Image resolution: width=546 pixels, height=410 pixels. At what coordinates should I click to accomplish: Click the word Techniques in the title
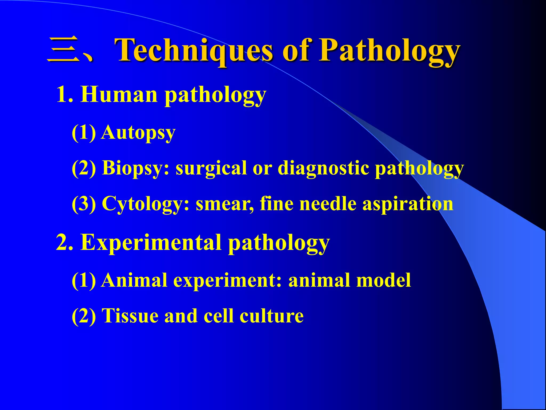195,50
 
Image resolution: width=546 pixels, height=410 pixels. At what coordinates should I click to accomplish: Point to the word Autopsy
138,133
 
